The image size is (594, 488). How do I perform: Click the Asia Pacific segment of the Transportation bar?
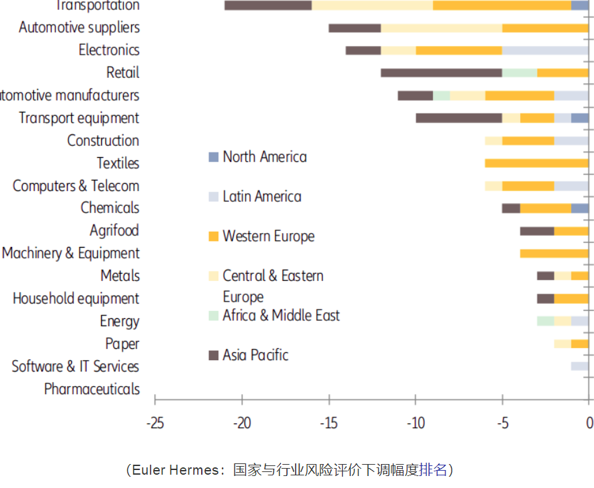pos(268,5)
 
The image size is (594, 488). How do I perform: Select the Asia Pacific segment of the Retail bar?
pos(441,73)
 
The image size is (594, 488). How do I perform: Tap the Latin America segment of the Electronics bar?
pos(545,50)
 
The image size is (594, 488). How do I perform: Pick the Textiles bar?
pos(536,163)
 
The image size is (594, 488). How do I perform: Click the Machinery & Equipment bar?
pos(553,253)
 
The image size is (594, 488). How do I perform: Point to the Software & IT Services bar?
pos(579,366)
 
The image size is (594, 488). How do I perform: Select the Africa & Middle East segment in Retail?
pos(519,73)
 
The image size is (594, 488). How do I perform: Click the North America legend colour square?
pos(213,158)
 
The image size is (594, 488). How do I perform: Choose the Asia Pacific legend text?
pos(256,355)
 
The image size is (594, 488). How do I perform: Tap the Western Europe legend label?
pos(268,236)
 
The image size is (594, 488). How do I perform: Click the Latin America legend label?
pos(262,197)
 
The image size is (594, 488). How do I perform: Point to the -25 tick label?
pos(154,422)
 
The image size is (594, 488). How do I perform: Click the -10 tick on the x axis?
pos(416,422)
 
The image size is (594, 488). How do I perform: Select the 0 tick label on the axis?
pos(589,422)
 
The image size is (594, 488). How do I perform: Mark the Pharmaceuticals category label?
pos(92,389)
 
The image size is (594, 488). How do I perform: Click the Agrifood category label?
pos(114,230)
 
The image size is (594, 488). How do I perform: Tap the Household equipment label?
pos(76,298)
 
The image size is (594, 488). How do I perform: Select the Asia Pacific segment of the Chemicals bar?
pos(511,208)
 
